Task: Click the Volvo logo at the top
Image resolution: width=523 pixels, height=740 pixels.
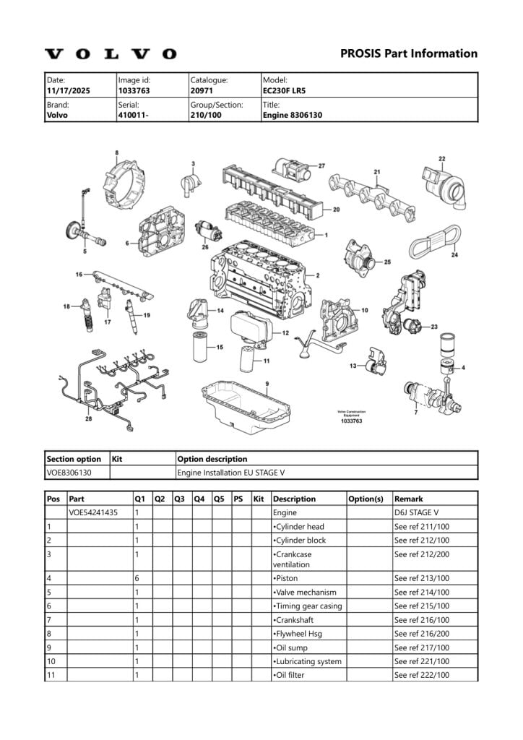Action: click(x=111, y=54)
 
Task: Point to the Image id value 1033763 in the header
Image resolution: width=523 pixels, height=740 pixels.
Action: click(x=134, y=91)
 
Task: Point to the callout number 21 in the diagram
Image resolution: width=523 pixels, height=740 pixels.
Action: click(x=376, y=171)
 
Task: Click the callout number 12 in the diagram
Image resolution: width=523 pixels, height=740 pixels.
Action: click(x=286, y=333)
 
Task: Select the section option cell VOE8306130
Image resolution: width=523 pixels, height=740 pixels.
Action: click(x=74, y=473)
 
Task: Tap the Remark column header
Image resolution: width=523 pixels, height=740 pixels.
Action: click(x=408, y=499)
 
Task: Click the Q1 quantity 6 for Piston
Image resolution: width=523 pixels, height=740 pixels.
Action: click(x=137, y=578)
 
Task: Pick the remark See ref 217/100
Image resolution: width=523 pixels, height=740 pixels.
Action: click(x=421, y=647)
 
